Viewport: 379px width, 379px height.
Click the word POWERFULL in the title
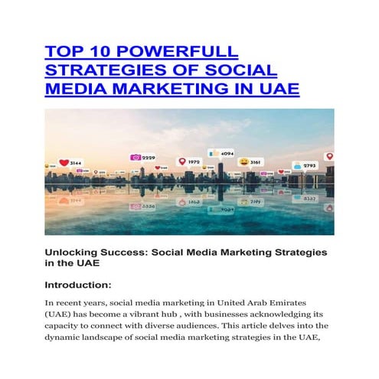point(184,51)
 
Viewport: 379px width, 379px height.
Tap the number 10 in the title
point(100,51)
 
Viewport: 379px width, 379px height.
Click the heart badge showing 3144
point(70,163)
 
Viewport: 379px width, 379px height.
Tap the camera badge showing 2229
point(143,158)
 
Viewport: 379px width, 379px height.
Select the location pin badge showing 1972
point(188,162)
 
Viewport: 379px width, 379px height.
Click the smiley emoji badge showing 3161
point(250,162)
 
